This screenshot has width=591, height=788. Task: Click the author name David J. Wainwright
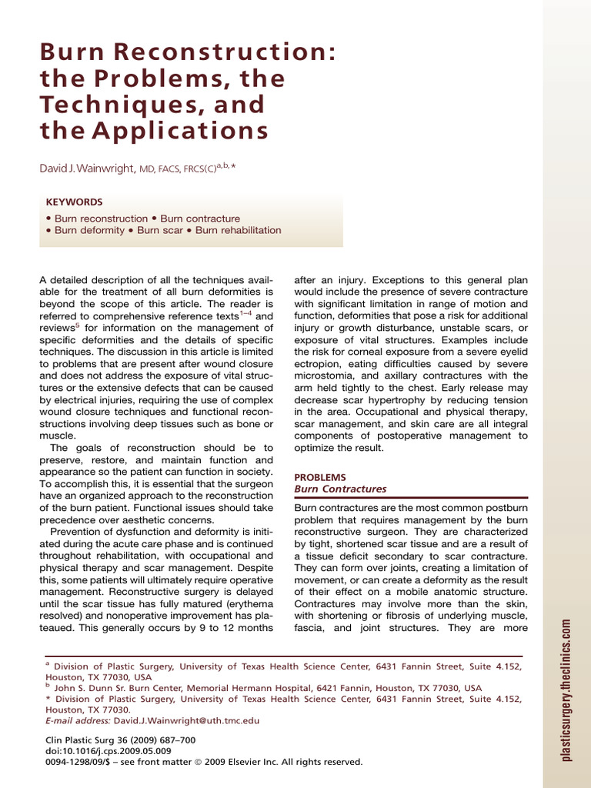(x=87, y=169)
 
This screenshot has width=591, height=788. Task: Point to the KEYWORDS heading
(x=74, y=202)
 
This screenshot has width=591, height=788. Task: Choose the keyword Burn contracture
(x=200, y=219)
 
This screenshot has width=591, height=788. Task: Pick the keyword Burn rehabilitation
(x=239, y=230)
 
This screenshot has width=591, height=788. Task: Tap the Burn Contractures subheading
(x=340, y=489)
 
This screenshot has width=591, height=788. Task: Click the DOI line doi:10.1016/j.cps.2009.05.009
(x=109, y=751)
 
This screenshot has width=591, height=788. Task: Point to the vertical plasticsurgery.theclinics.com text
(x=566, y=690)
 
